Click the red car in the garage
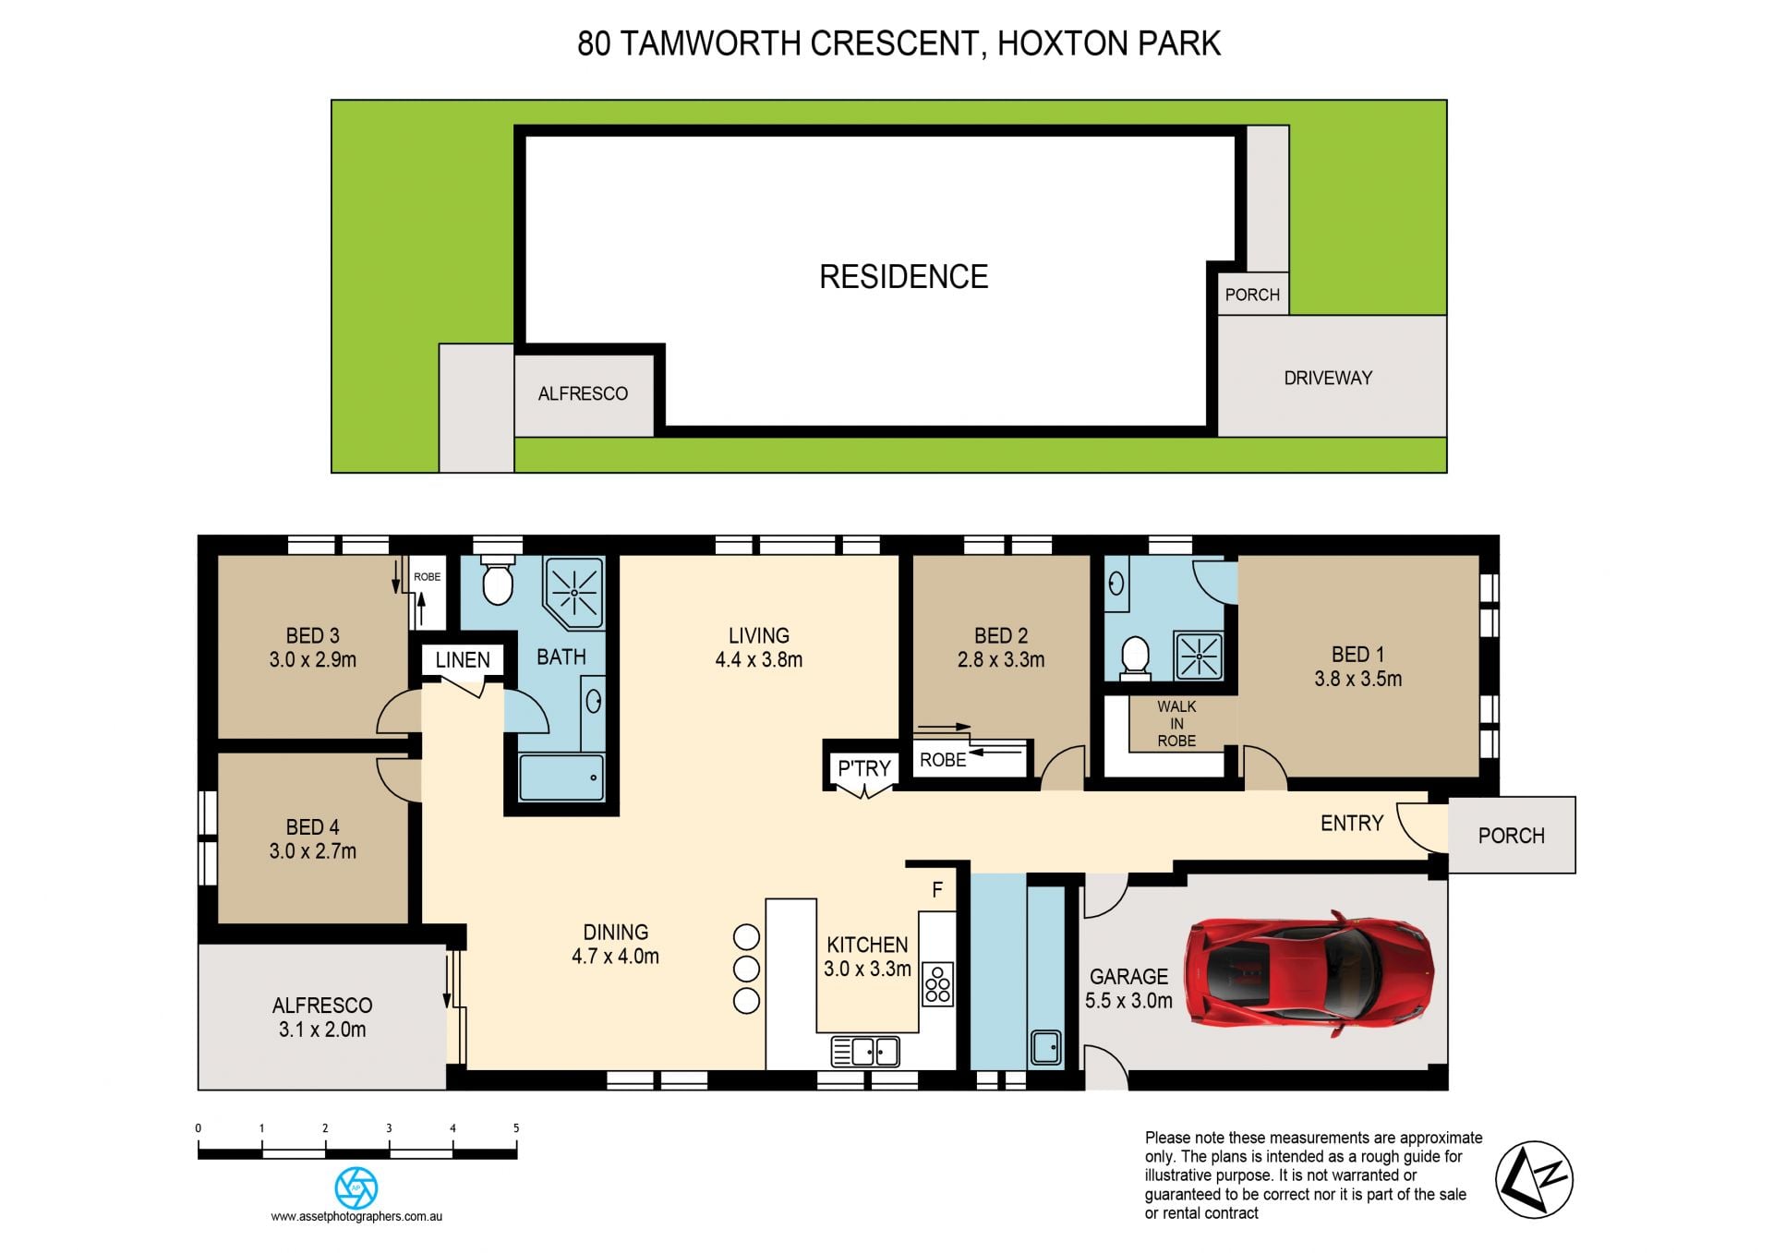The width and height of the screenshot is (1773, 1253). pos(1309,974)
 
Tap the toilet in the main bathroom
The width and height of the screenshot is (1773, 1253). pos(498,579)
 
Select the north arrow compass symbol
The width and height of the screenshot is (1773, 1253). pos(1534,1180)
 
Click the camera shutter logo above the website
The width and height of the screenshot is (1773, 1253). pos(356,1187)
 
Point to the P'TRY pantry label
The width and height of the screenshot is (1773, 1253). pos(864,768)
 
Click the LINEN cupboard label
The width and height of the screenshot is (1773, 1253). pos(463,660)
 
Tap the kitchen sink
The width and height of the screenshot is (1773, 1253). pos(865,1052)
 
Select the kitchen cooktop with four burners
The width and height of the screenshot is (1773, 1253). pos(938,984)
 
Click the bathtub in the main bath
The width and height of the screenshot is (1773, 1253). pos(561,777)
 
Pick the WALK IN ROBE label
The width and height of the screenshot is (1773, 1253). pos(1176,724)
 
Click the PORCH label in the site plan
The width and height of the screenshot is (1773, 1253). pos(1252,295)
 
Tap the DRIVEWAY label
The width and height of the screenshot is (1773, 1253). pos(1328,378)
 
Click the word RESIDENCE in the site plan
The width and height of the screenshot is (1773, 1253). pos(904,277)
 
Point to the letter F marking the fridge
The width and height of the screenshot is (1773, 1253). pos(937,890)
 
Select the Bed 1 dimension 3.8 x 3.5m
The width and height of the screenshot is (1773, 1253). pos(1358,679)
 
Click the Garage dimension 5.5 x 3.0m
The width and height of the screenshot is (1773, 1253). pos(1128,1001)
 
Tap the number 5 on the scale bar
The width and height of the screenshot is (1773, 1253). pos(516,1128)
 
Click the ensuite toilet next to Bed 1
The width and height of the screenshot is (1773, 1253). pos(1135,655)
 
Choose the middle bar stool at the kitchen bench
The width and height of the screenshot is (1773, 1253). pos(746,969)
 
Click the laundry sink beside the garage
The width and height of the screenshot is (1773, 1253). pos(1046,1047)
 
